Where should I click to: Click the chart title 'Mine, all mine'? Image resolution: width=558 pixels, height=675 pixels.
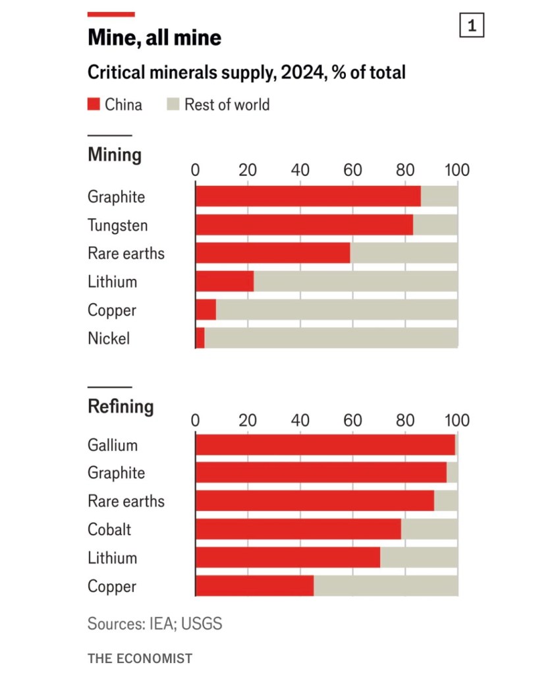pos(154,38)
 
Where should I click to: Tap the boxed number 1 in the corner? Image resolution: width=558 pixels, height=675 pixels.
pos(471,26)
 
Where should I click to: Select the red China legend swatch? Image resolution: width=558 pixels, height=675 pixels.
pos(94,104)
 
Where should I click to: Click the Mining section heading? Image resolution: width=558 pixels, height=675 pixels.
pos(115,155)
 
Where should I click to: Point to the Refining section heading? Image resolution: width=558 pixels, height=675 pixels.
pos(121,406)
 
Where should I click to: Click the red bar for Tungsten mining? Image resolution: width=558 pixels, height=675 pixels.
pos(304,225)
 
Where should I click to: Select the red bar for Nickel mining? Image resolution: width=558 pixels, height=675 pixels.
pos(200,338)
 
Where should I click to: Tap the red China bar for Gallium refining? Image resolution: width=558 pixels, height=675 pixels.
pos(325,445)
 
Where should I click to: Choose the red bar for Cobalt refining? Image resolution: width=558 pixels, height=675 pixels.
pos(298,529)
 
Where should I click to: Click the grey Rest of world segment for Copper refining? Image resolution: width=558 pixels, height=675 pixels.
pos(385,586)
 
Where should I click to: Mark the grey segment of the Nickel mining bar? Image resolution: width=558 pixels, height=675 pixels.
pos(331,338)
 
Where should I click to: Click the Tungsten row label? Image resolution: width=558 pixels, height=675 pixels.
pos(118,225)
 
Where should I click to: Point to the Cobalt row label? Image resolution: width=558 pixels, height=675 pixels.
pos(109,529)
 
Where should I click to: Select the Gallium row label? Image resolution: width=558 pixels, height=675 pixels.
pos(113,445)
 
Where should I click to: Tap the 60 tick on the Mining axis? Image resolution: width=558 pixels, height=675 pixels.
pos(353,170)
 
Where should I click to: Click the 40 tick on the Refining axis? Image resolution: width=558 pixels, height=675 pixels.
pos(300,421)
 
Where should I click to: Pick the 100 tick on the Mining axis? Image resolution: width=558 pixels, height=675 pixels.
pos(457,170)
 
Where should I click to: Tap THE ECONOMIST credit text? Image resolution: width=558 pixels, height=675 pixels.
pos(140,659)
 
